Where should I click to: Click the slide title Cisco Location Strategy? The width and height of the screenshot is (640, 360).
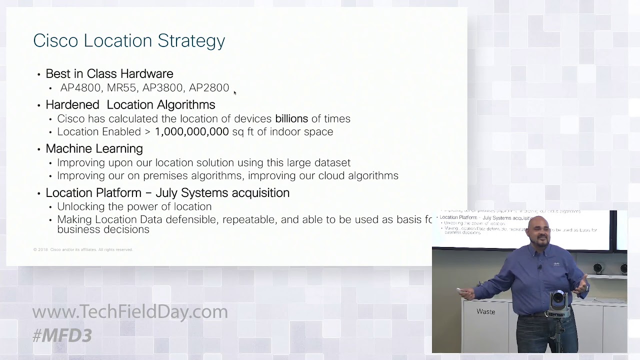(129, 40)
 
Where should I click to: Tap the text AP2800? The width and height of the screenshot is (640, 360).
(209, 88)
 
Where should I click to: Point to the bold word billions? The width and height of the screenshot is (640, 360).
(291, 119)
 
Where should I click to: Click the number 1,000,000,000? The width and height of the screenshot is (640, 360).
(191, 132)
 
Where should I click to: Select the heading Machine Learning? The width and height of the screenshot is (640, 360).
(94, 148)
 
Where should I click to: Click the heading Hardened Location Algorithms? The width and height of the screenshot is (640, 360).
(130, 104)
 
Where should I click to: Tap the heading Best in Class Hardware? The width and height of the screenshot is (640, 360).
(109, 73)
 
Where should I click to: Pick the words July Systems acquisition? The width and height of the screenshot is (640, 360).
(222, 193)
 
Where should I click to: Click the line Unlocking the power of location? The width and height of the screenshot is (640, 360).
(134, 206)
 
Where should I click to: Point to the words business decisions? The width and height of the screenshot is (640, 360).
(103, 229)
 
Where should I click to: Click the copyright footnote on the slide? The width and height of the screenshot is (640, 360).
(82, 249)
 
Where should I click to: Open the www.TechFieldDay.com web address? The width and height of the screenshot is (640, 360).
(130, 311)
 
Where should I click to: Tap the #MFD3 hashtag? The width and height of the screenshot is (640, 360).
(62, 335)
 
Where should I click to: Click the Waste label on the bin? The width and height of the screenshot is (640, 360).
(485, 311)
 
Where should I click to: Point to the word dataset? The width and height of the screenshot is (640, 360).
(332, 163)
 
